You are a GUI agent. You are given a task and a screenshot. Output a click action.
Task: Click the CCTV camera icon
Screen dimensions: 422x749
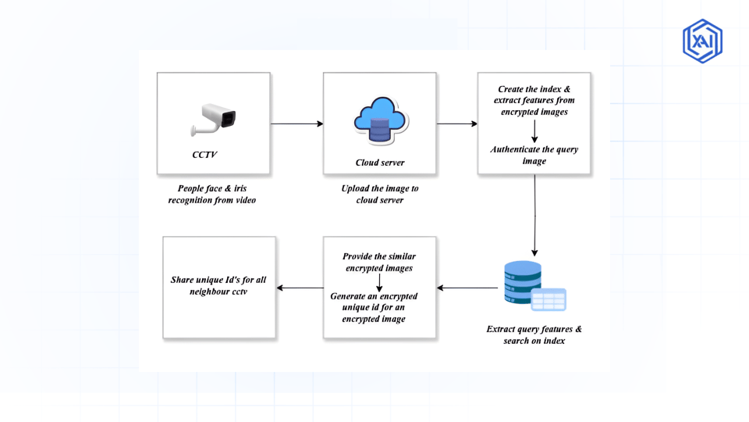point(213,119)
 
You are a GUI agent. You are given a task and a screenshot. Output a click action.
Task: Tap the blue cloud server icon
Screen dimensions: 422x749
point(380,120)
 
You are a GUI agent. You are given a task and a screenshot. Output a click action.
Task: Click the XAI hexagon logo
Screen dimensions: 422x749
point(702,41)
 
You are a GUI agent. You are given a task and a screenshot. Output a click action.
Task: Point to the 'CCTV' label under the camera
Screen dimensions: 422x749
point(204,155)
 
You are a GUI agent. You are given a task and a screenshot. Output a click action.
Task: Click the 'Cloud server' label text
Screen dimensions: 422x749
point(380,163)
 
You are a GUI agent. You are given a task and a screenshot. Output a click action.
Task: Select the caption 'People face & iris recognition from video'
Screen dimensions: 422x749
point(212,194)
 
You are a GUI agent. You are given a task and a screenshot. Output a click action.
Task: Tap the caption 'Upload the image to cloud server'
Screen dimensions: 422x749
point(380,194)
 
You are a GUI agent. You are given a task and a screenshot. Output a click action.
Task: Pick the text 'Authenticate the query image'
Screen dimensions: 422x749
point(534,155)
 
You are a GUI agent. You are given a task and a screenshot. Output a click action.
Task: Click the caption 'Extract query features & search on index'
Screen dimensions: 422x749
point(534,334)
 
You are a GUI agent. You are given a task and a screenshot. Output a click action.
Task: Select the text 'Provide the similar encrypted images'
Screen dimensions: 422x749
point(379,262)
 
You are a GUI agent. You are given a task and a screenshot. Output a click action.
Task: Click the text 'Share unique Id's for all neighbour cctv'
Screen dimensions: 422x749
point(218,285)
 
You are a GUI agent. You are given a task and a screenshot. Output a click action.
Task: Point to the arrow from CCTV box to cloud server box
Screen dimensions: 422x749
point(296,123)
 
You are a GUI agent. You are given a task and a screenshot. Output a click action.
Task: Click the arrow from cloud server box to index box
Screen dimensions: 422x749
point(457,123)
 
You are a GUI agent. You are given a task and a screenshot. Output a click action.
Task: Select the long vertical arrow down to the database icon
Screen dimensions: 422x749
point(534,215)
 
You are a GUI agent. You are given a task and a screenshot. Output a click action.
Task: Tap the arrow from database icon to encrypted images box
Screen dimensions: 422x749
point(467,288)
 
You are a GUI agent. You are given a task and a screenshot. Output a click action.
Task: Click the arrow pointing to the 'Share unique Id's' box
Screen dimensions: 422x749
point(300,288)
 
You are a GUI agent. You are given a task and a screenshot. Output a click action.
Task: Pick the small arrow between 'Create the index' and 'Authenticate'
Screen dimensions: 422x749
point(534,131)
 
